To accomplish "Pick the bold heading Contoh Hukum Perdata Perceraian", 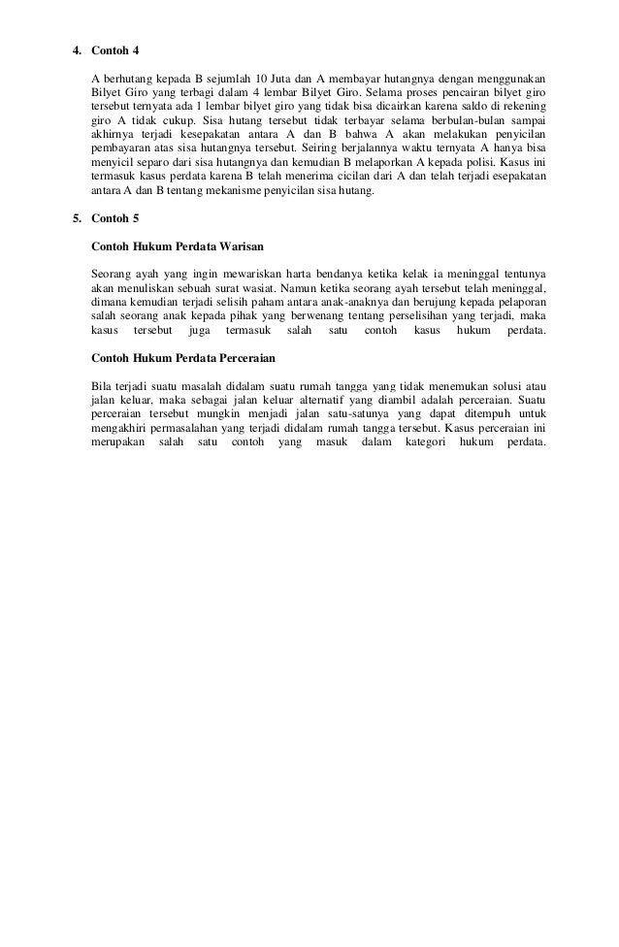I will click(178, 357).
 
